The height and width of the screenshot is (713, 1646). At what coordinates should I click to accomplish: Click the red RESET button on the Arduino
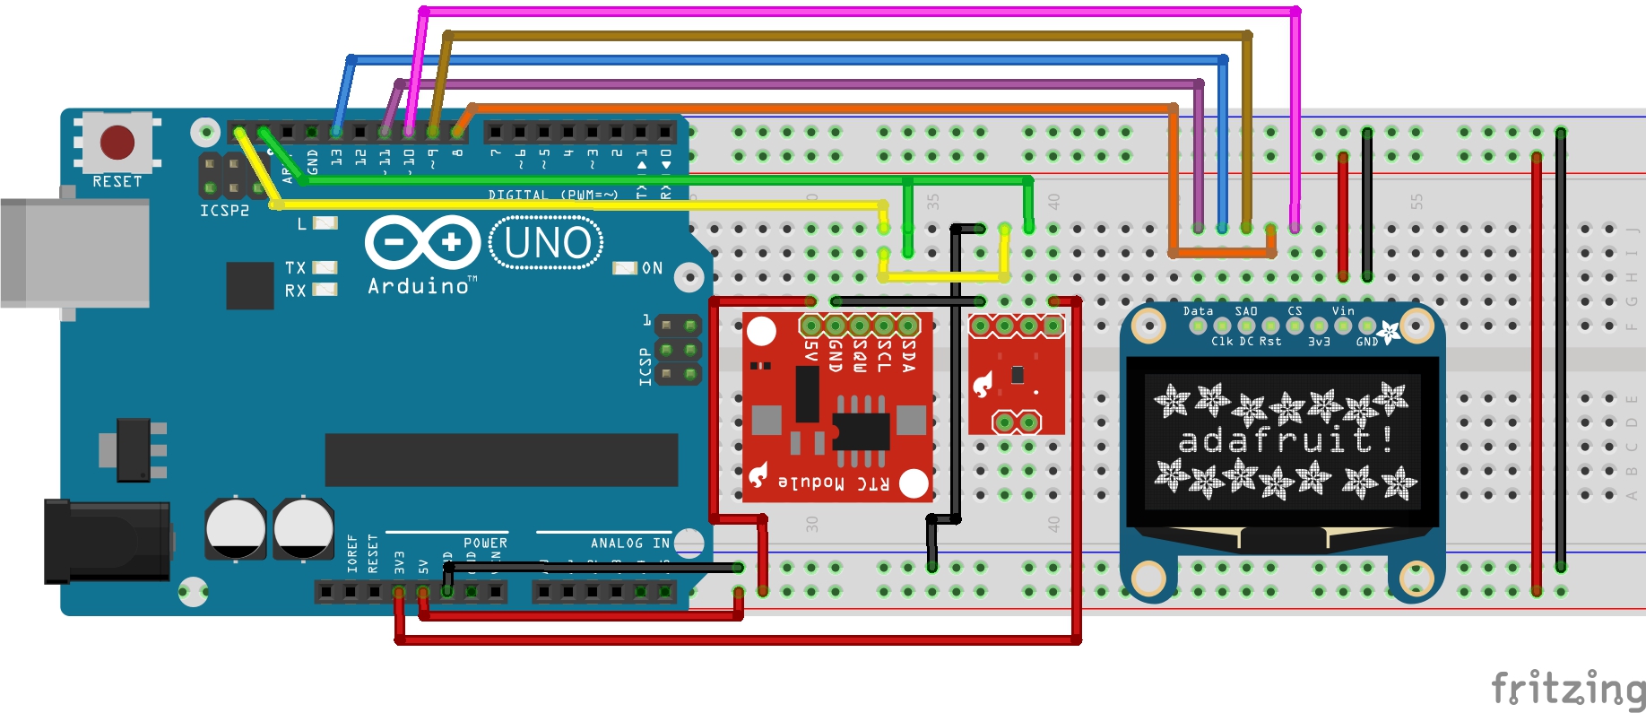(x=117, y=142)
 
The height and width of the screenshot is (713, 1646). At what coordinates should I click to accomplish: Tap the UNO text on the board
(x=547, y=243)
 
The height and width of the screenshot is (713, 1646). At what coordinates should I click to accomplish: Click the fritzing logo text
(x=1567, y=690)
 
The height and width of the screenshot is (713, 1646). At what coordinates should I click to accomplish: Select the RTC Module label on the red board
(x=834, y=483)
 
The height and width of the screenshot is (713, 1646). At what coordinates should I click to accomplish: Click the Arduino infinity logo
(x=422, y=242)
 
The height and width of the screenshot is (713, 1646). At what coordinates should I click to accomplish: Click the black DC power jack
(x=108, y=542)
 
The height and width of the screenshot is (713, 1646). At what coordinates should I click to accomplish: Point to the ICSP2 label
(x=224, y=211)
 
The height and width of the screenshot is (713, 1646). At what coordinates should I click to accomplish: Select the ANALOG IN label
(x=629, y=543)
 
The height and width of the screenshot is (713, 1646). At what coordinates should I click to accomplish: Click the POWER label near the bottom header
(x=485, y=543)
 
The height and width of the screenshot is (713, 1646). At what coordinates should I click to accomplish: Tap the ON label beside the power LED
(x=652, y=268)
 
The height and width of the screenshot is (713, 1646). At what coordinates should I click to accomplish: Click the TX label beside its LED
(x=295, y=268)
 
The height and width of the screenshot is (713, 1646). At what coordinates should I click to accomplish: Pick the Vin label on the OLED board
(x=1343, y=311)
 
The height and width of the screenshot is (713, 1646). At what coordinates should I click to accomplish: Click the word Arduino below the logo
(x=419, y=286)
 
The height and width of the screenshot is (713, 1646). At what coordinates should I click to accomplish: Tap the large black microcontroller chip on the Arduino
(x=501, y=460)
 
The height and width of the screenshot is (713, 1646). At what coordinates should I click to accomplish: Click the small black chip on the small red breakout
(x=1017, y=374)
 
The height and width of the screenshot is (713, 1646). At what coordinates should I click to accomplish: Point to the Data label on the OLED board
(x=1198, y=311)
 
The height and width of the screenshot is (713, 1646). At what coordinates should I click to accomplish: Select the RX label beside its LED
(x=295, y=291)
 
